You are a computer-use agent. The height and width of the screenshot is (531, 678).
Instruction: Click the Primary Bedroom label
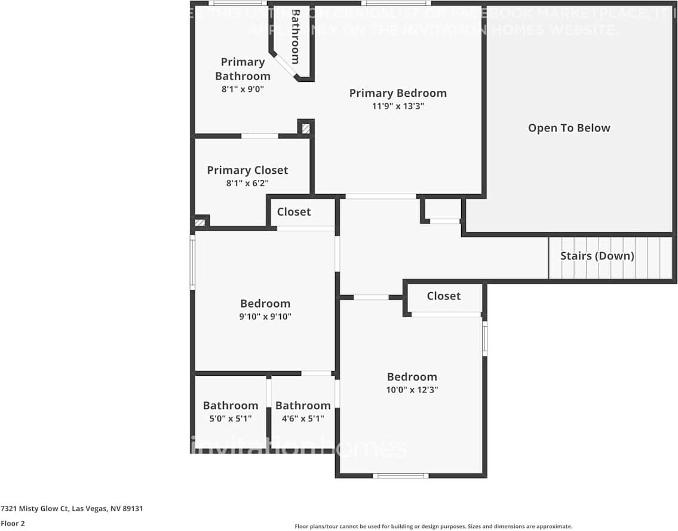(398, 93)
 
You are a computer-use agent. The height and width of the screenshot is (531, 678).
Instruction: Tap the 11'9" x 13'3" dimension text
(398, 107)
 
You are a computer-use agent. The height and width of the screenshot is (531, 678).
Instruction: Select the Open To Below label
(569, 128)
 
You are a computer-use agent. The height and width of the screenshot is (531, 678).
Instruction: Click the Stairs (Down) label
(597, 256)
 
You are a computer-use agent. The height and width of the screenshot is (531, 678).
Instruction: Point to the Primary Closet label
(247, 170)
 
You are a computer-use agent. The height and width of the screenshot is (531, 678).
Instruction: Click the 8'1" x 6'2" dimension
(247, 184)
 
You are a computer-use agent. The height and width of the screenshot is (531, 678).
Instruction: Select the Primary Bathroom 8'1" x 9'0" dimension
(243, 89)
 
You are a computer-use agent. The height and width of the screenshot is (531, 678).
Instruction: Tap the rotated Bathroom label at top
(295, 36)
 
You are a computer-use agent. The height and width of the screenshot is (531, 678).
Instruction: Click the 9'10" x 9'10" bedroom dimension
(265, 317)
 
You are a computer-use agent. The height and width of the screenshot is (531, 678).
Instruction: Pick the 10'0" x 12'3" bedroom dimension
(412, 390)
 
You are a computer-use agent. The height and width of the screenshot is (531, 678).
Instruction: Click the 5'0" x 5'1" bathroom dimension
(230, 419)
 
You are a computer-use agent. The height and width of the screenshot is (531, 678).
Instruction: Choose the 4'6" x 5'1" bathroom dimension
(303, 419)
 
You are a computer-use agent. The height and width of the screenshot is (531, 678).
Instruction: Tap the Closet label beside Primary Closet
(294, 212)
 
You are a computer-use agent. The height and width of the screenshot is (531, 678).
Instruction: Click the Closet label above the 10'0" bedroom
(444, 296)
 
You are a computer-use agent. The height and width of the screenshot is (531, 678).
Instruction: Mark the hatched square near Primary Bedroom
(305, 128)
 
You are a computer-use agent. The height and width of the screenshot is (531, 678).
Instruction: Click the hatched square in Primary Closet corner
(201, 222)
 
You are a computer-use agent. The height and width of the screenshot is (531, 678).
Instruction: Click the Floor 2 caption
(13, 523)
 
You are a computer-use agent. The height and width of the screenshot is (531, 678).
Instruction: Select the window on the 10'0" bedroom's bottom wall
(400, 475)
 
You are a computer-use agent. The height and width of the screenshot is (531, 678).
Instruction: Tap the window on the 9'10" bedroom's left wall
(192, 262)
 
